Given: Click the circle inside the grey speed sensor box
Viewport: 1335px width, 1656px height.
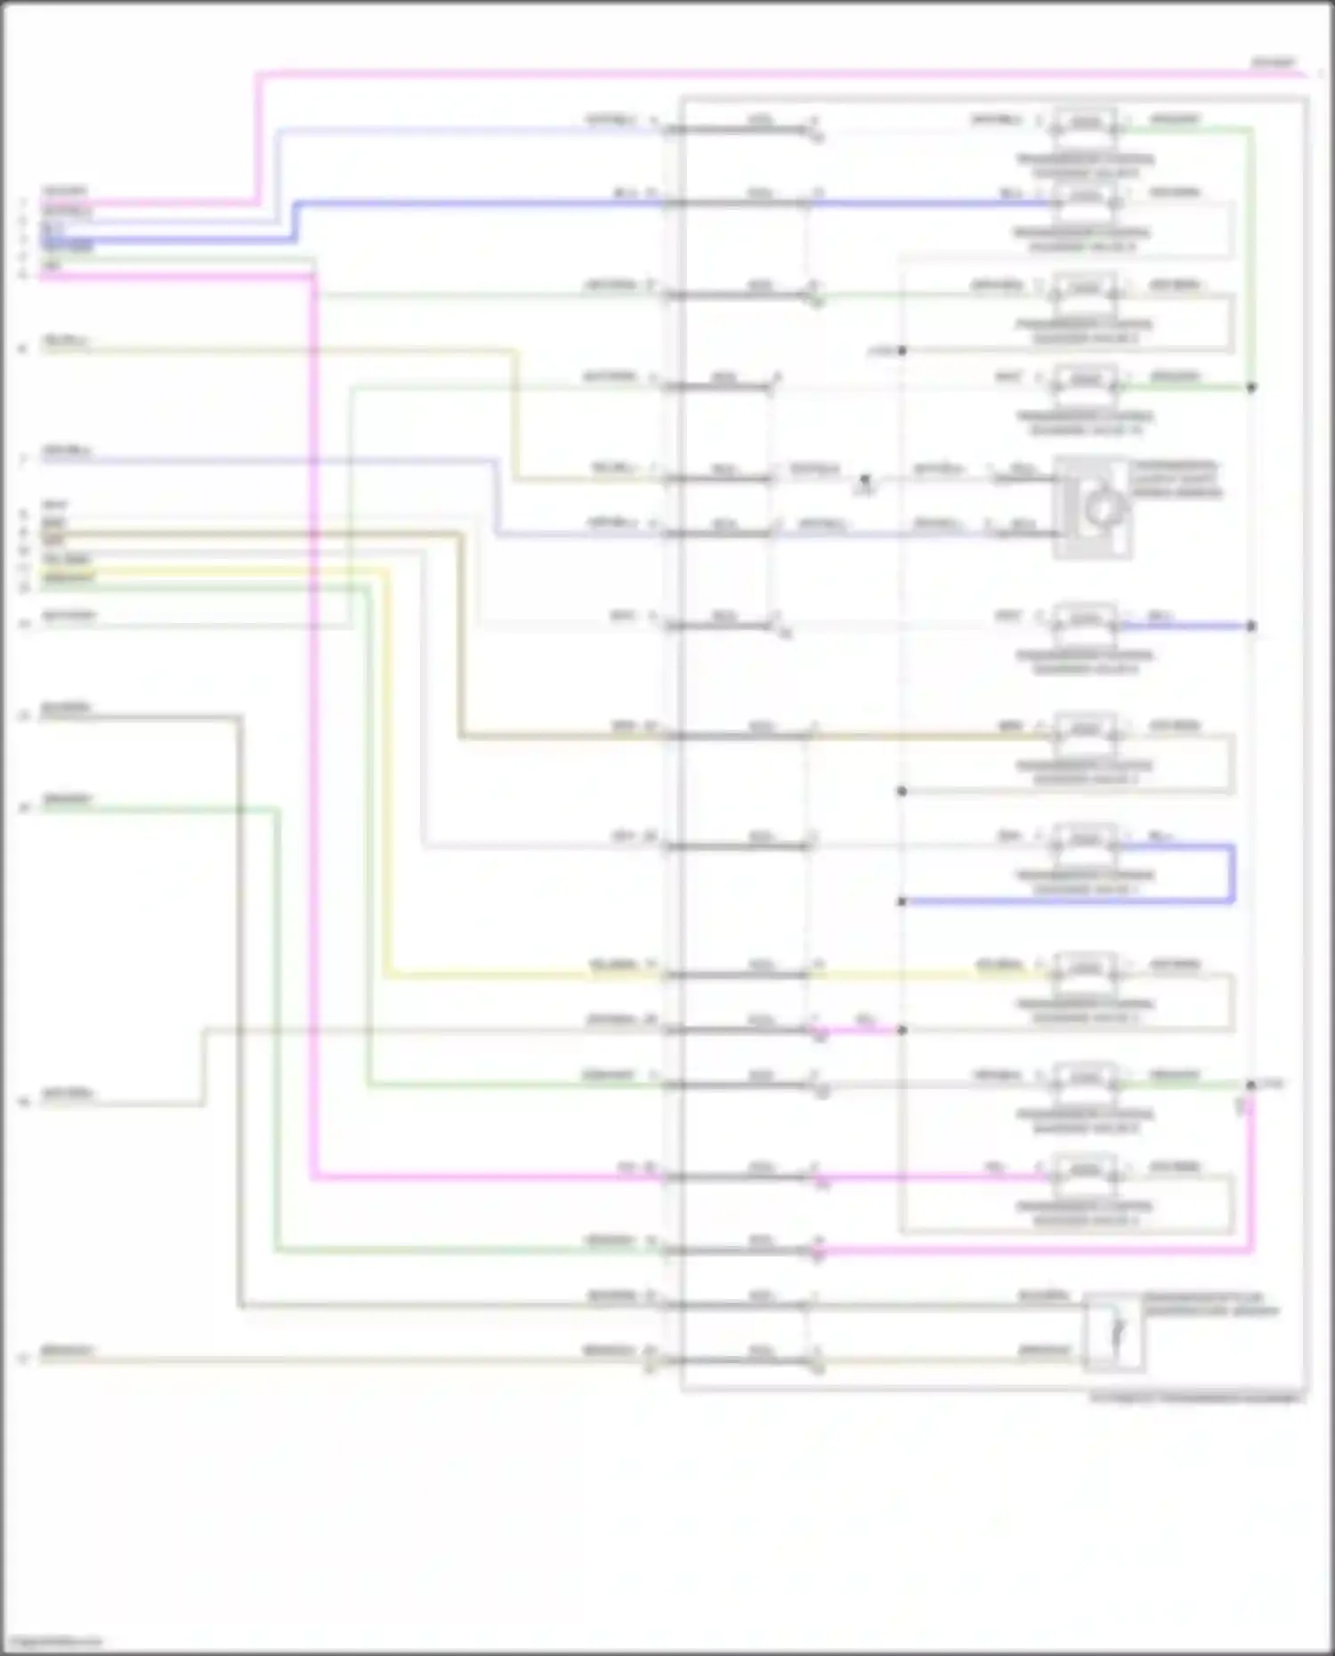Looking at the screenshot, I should [1102, 508].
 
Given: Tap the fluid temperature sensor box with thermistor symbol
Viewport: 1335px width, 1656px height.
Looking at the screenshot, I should [1114, 1331].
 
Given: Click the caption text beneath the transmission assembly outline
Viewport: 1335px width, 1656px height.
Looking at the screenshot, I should [1194, 1400].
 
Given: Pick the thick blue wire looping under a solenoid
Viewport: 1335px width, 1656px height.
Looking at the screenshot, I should [1233, 876].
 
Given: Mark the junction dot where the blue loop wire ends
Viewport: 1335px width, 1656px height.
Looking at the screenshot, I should [902, 901].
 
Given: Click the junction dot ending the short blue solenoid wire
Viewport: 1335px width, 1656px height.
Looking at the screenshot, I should [1251, 626].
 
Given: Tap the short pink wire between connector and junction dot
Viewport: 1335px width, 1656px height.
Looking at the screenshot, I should [859, 1030].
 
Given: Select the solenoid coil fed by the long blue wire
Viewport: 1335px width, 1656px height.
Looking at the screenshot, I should [1086, 196].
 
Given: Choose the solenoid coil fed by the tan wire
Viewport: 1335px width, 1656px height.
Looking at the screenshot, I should [1086, 730].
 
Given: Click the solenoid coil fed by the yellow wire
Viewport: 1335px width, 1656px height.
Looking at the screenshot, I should [1086, 968].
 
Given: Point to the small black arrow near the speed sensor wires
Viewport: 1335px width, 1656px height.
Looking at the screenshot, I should [863, 481].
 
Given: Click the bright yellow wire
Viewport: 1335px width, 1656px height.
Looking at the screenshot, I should [388, 801].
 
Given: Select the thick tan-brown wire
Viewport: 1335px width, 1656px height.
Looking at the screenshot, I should [461, 641].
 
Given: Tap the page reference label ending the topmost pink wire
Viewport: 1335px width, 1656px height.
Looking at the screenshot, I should [1274, 62].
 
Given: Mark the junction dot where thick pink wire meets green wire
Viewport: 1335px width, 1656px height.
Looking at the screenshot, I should [1250, 1085].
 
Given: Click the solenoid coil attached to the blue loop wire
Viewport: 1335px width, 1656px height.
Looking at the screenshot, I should [1086, 839].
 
